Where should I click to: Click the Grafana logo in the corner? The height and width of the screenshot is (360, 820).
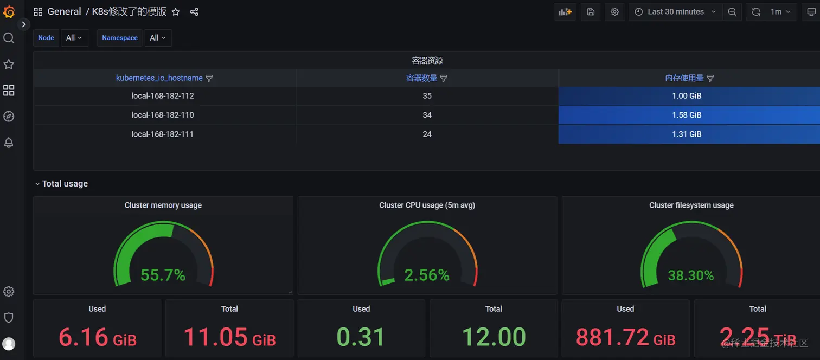point(9,11)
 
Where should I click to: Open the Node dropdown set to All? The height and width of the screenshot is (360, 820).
point(74,38)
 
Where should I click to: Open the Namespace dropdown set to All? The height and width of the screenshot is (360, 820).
point(158,38)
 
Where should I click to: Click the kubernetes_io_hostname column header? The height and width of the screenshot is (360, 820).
point(159,78)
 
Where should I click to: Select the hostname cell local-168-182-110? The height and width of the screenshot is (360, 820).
point(163,115)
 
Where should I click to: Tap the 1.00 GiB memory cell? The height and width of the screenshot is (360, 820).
point(687,96)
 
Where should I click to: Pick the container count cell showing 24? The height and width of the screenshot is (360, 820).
point(427,134)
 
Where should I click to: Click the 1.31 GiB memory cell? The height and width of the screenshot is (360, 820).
point(687,134)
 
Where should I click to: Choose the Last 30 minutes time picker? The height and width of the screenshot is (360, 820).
point(676,12)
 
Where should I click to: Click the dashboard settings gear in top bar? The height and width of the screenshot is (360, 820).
point(614,12)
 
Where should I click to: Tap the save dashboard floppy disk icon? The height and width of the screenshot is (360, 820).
point(591,12)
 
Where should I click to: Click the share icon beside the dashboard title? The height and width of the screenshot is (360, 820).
point(194,12)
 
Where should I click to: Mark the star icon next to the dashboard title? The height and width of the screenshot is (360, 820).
point(176,12)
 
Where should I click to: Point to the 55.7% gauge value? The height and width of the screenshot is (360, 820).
point(163,275)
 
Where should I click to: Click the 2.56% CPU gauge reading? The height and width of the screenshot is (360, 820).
point(427,275)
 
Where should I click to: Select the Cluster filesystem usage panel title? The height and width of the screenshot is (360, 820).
point(691,205)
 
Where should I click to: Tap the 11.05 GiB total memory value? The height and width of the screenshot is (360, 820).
point(229,337)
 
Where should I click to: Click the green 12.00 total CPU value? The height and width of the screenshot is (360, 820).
point(494,337)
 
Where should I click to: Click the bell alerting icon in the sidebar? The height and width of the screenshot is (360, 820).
point(9,143)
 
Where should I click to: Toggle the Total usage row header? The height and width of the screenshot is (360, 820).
point(65,184)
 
